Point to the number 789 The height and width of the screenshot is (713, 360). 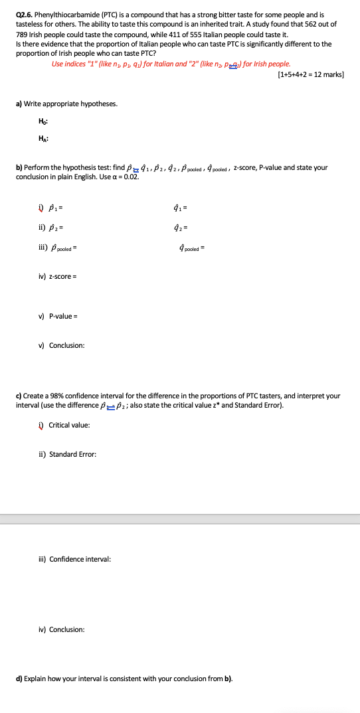click(23, 34)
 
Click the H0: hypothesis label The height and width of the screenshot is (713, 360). click(43, 120)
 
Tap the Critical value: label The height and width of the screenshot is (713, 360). click(68, 425)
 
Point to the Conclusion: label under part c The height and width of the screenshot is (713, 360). click(66, 629)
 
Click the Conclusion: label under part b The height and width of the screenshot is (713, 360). click(66, 345)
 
